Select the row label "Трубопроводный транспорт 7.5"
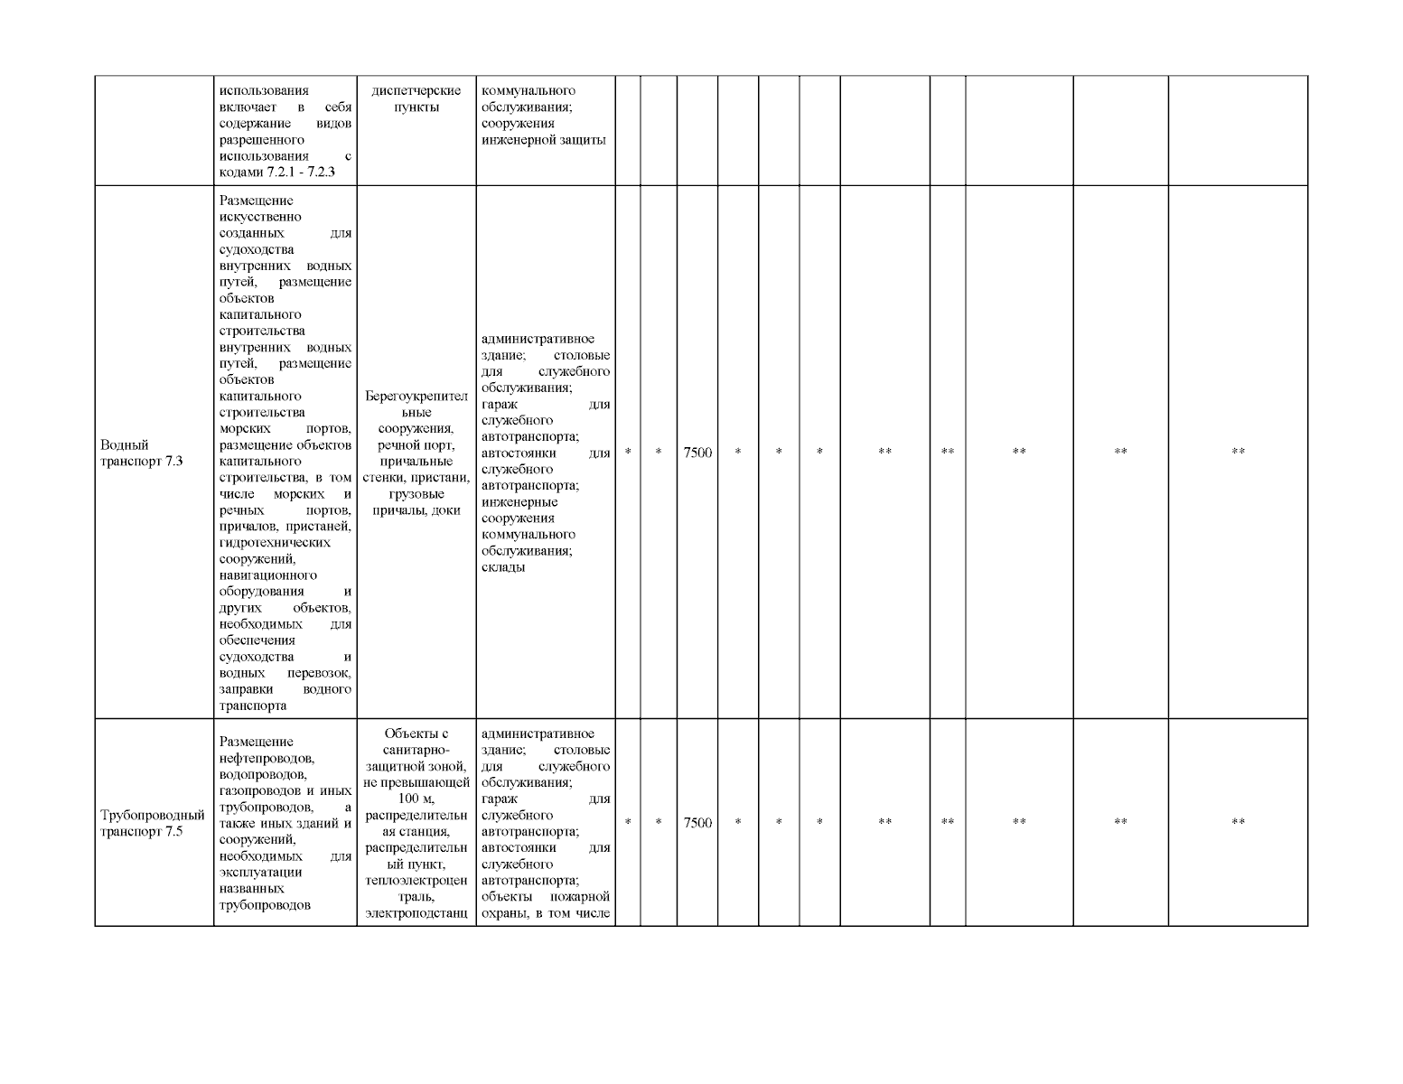coord(152,823)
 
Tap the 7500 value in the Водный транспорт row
coord(697,453)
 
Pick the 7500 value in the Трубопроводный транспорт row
coord(697,823)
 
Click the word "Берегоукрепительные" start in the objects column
coord(416,397)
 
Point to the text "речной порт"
coord(416,445)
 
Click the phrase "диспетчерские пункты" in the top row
coord(416,98)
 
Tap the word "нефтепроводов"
coord(267,758)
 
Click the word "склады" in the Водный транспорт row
coord(503,567)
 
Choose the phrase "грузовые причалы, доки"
coord(416,502)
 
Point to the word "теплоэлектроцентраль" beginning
coord(416,881)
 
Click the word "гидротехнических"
coord(275,543)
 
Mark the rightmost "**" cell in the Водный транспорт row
coord(1238,453)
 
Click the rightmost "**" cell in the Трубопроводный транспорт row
coord(1238,823)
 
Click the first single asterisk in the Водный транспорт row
coord(628,453)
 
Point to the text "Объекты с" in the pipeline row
coord(416,734)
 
